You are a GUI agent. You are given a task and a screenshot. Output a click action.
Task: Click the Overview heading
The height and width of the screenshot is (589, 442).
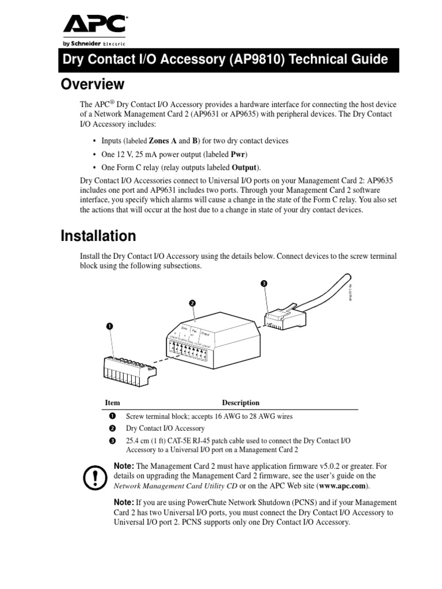click(x=93, y=85)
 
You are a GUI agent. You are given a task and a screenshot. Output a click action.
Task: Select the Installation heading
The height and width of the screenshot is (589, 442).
click(x=98, y=236)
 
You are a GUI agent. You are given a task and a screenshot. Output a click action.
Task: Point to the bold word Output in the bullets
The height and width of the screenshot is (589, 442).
click(x=245, y=167)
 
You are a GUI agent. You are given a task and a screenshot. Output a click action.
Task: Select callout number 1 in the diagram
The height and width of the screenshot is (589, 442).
click(x=109, y=326)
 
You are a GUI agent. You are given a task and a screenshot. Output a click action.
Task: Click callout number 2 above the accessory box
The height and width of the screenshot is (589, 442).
click(x=192, y=303)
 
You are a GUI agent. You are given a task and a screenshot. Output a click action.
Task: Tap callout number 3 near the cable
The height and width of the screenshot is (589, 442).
click(x=264, y=284)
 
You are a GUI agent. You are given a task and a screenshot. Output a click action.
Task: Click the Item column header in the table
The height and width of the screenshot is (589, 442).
click(x=112, y=403)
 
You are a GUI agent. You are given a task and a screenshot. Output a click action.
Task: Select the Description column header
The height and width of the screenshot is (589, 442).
click(x=241, y=403)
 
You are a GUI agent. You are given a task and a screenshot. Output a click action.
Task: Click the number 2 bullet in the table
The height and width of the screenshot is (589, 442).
click(x=112, y=429)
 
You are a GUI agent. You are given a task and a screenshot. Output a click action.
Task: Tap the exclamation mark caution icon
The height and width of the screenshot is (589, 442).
click(x=92, y=476)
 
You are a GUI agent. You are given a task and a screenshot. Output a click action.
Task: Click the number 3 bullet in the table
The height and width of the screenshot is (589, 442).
click(x=112, y=441)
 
